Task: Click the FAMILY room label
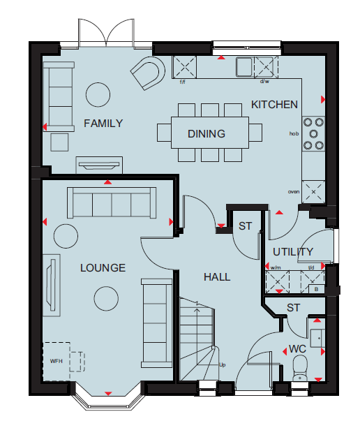[x=103, y=124]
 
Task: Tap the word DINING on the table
[x=207, y=134]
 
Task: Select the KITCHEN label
[x=274, y=105]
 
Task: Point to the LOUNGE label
[x=103, y=268]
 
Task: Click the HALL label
[x=217, y=277]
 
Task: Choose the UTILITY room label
[x=293, y=252]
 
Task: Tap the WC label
[x=297, y=349]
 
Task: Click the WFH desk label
[x=57, y=361]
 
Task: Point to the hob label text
[x=294, y=133]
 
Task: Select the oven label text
[x=294, y=192]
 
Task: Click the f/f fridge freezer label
[x=182, y=82]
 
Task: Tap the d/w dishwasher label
[x=264, y=82]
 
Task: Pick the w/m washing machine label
[x=276, y=267]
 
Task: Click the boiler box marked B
[x=317, y=289]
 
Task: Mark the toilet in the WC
[x=300, y=368]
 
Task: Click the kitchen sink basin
[x=244, y=67]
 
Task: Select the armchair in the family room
[x=148, y=73]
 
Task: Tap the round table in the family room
[x=98, y=95]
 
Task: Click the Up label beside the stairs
[x=223, y=365]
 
